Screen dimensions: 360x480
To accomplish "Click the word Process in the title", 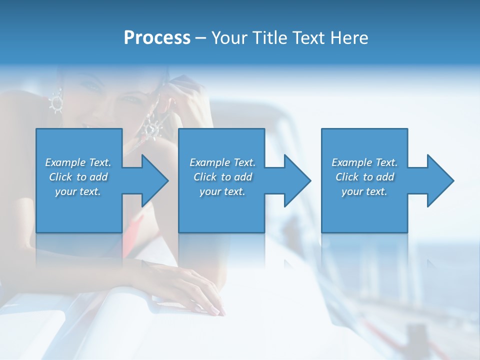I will (x=157, y=38).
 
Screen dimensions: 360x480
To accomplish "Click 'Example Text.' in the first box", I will (x=78, y=162).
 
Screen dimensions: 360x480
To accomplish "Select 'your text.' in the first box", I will (x=78, y=191).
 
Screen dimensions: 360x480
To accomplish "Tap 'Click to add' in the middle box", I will (x=222, y=177).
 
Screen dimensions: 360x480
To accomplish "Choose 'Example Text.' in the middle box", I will (x=222, y=162).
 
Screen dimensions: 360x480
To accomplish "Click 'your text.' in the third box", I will (x=364, y=191).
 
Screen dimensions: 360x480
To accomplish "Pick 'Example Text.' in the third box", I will (x=364, y=162).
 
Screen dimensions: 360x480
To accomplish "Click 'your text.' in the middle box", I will (x=222, y=191).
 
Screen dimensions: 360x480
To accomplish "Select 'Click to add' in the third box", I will (x=364, y=177).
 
